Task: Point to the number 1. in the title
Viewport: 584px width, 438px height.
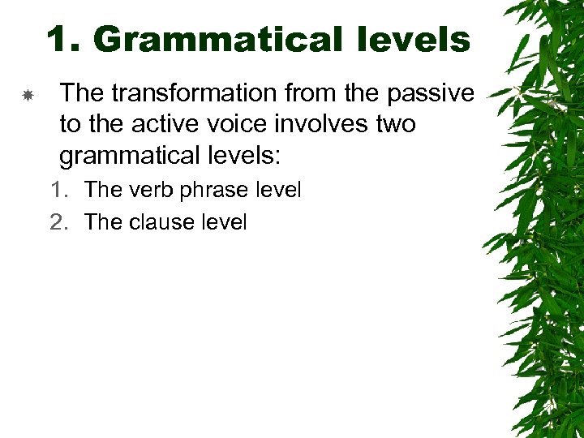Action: click(67, 39)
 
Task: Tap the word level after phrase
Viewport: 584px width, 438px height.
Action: click(276, 191)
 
